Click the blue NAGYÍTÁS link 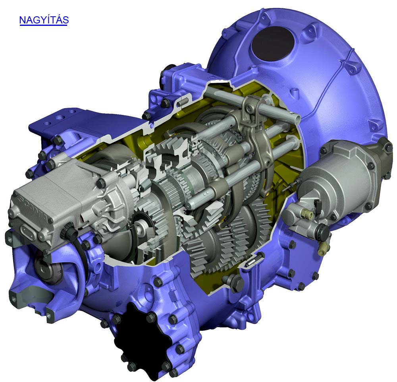44,20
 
